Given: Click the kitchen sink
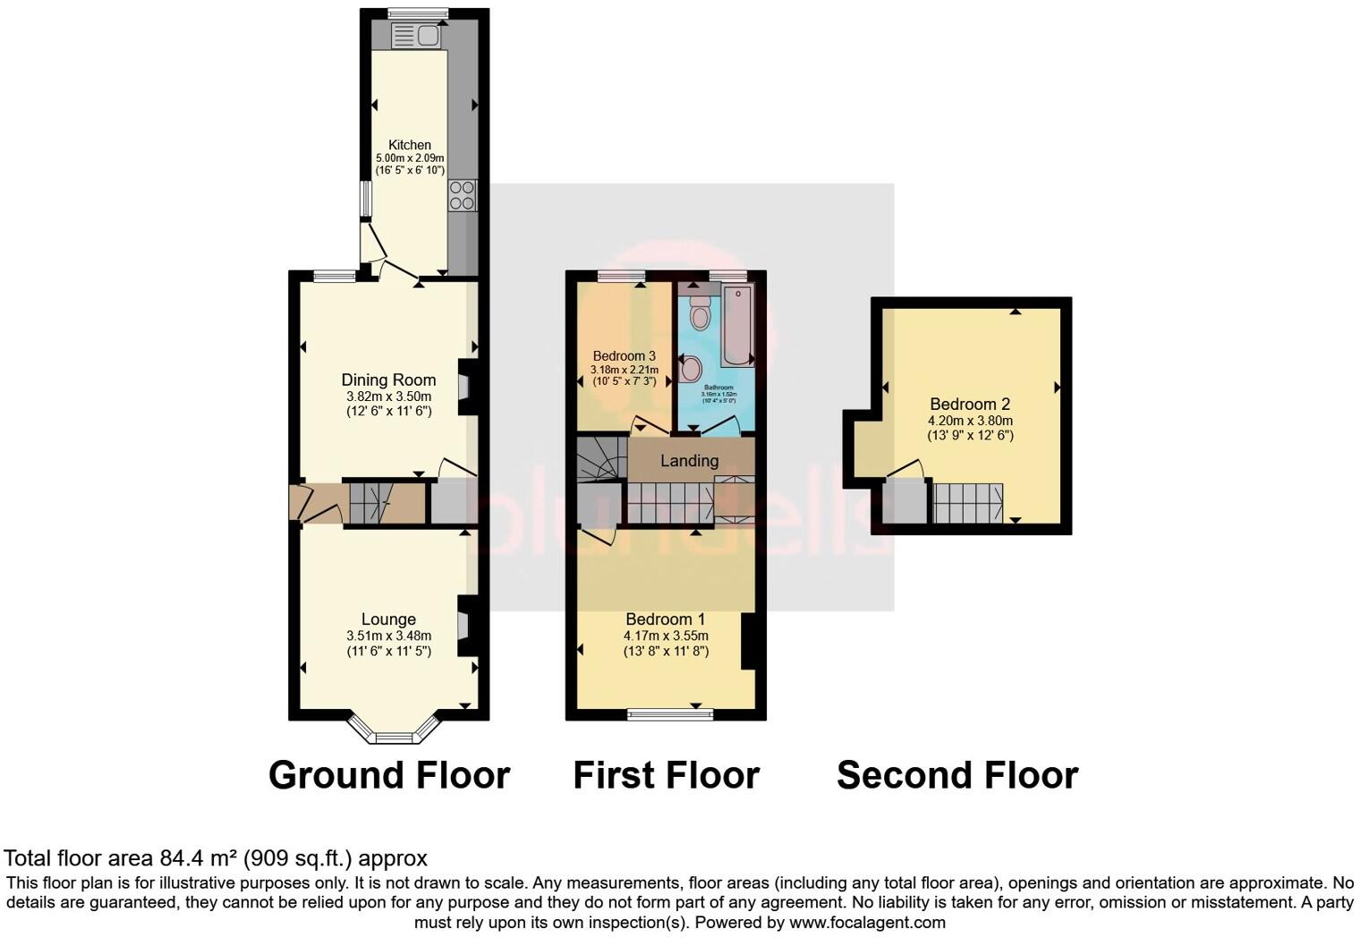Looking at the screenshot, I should pyautogui.click(x=414, y=36).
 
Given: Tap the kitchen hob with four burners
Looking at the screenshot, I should pyautogui.click(x=463, y=195).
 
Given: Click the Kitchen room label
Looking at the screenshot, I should pyautogui.click(x=410, y=145).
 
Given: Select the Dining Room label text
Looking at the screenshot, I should pyautogui.click(x=388, y=380).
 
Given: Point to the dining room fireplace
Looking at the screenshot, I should pyautogui.click(x=465, y=387).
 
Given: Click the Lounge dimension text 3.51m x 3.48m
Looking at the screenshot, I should pyautogui.click(x=388, y=635).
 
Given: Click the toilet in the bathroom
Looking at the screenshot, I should pyautogui.click(x=700, y=313).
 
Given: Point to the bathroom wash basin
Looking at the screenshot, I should pyautogui.click(x=690, y=368).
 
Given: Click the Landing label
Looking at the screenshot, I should pyautogui.click(x=689, y=461).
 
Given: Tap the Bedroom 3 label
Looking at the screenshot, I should pyautogui.click(x=625, y=356).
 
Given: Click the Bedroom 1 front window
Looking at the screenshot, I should pyautogui.click(x=669, y=713).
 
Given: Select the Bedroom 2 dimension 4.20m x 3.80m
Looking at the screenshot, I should pyautogui.click(x=970, y=421).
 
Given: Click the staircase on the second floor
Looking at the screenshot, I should pyautogui.click(x=967, y=503).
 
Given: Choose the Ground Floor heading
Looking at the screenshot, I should pyautogui.click(x=389, y=775).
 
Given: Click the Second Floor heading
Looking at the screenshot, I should pyautogui.click(x=956, y=775).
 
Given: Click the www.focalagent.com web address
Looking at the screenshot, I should pyautogui.click(x=866, y=922).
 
